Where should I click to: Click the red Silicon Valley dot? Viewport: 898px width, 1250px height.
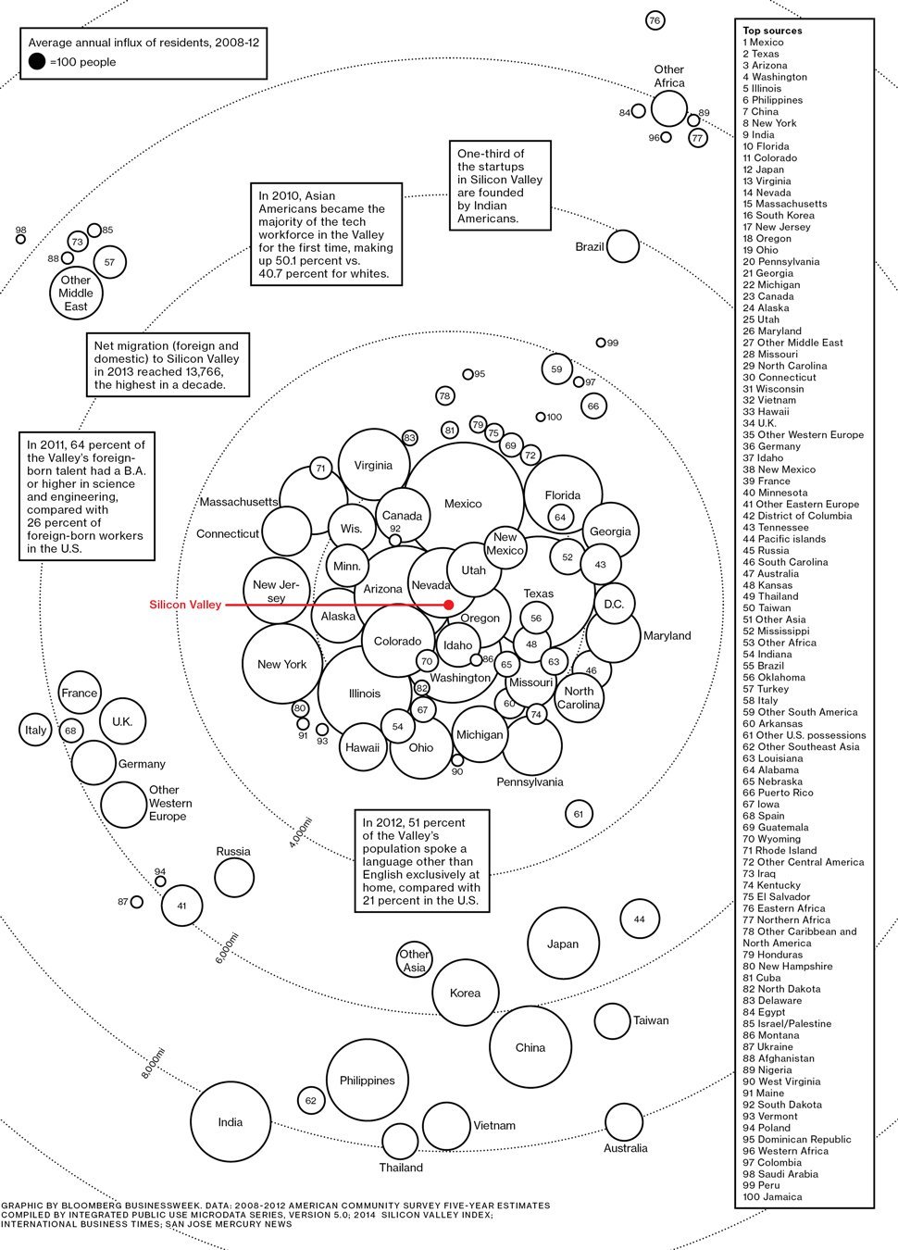click(449, 605)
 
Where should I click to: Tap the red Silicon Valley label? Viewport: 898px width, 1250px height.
click(185, 605)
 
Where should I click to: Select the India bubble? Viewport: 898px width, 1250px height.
click(230, 1121)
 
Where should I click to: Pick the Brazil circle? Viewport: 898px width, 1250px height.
click(622, 246)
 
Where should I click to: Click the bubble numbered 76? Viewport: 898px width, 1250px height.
click(655, 20)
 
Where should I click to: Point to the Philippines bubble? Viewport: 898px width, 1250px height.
click(368, 1081)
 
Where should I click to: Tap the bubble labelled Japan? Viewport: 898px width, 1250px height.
click(562, 944)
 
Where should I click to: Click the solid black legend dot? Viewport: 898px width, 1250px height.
click(36, 62)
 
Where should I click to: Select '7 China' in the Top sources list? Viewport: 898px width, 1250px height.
click(760, 111)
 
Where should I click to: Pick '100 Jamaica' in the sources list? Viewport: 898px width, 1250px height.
click(772, 1196)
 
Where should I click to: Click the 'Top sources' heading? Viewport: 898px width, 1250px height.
click(772, 31)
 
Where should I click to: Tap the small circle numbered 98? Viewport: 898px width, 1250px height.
click(20, 239)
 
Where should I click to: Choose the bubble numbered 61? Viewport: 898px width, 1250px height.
click(579, 814)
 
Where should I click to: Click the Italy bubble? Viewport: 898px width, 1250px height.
click(35, 730)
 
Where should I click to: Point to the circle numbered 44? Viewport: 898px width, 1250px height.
click(639, 919)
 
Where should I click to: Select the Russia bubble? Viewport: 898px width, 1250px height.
click(234, 877)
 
